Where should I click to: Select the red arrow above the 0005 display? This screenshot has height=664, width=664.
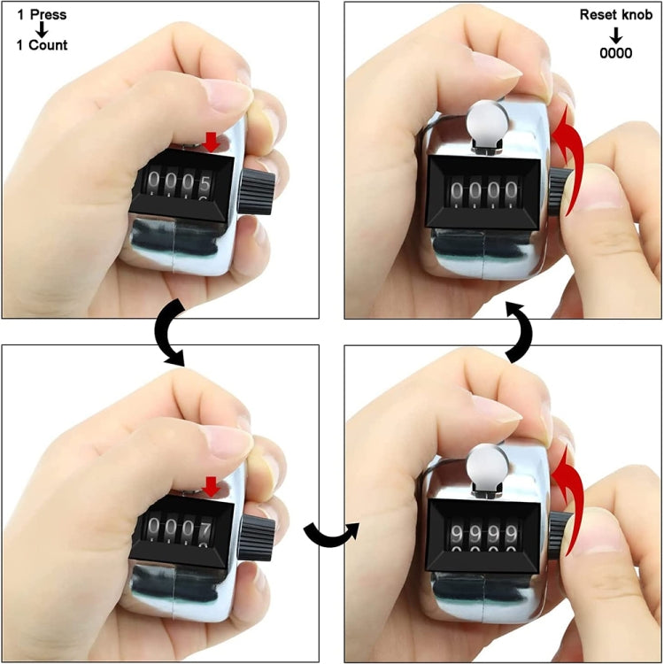coord(210,141)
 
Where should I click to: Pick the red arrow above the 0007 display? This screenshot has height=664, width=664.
coord(211,485)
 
